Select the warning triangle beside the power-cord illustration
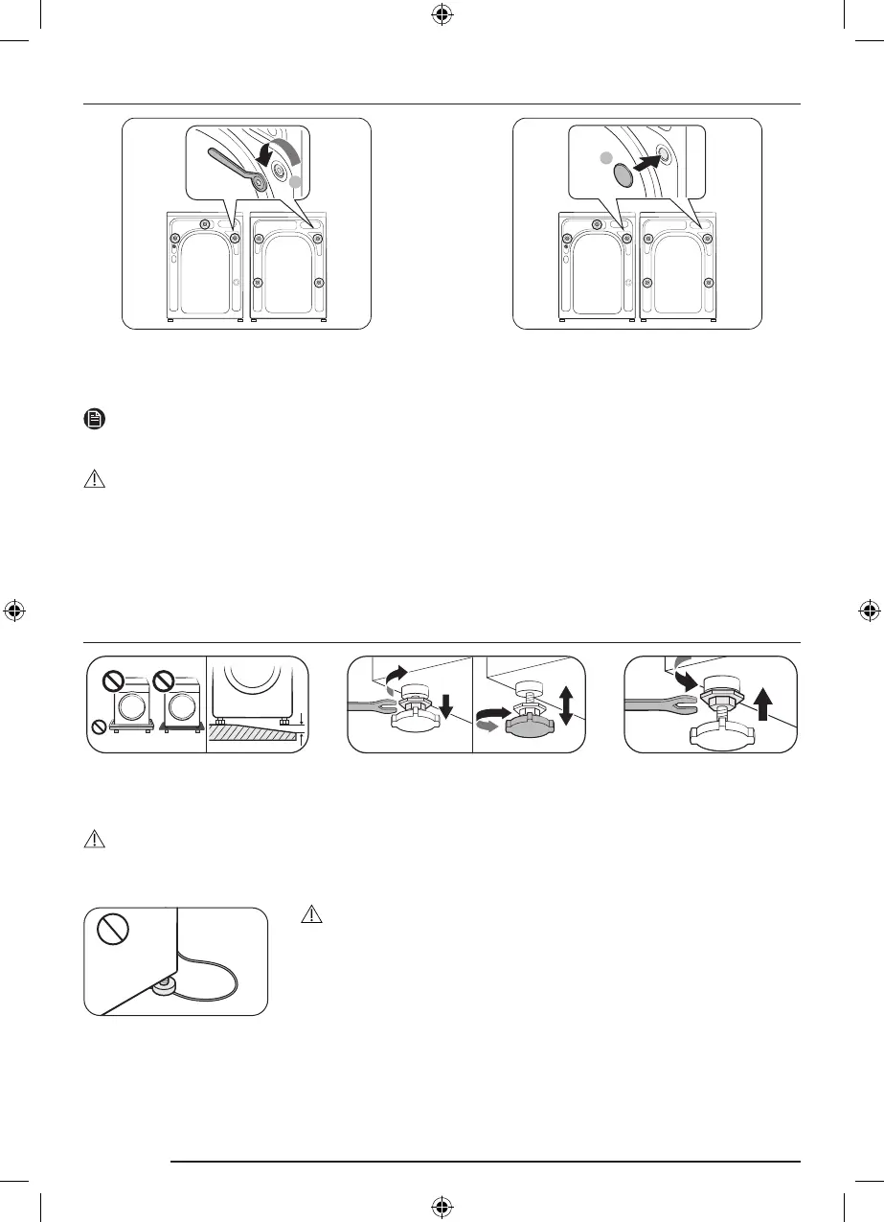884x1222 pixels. click(x=310, y=914)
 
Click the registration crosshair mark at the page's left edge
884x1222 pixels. click(x=14, y=611)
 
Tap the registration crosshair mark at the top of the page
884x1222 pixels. click(x=442, y=16)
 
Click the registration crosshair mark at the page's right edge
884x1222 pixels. click(x=869, y=611)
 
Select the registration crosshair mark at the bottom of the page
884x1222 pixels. click(x=442, y=1205)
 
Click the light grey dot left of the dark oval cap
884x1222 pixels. click(x=603, y=157)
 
